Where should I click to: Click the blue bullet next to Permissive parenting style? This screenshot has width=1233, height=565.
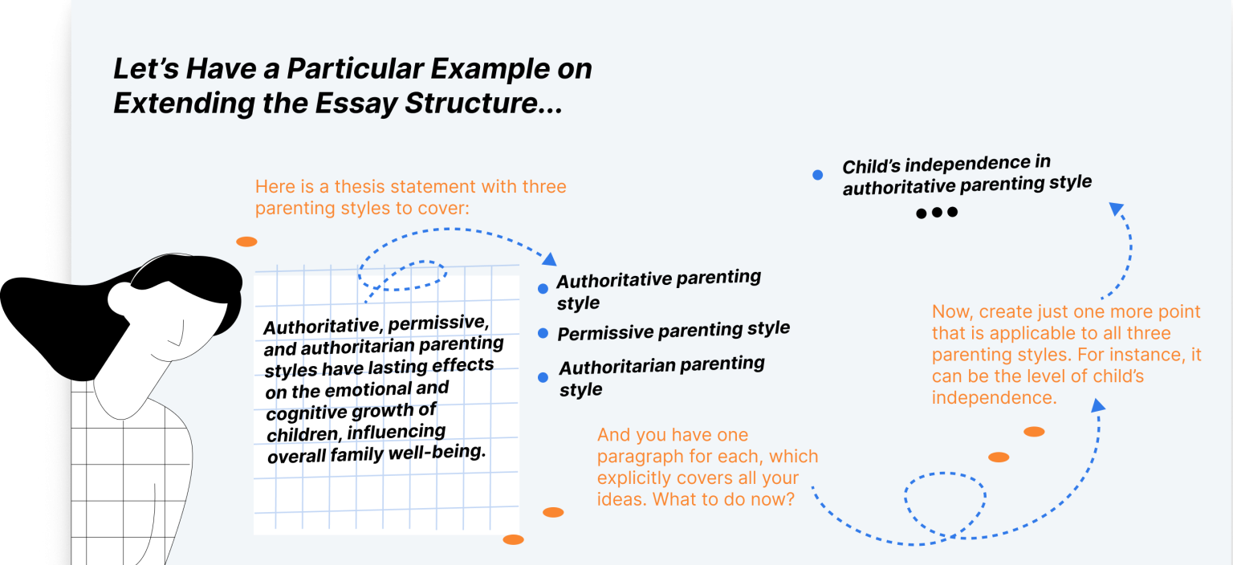pyautogui.click(x=543, y=332)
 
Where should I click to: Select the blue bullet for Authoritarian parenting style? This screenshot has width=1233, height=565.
pyautogui.click(x=543, y=377)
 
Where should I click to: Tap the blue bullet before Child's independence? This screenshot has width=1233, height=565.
pyautogui.click(x=817, y=174)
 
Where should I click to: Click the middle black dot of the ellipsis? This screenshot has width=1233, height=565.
pyautogui.click(x=937, y=213)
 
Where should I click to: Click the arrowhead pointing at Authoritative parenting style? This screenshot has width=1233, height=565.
pyautogui.click(x=550, y=259)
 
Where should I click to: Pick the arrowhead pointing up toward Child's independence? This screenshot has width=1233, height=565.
pyautogui.click(x=1116, y=209)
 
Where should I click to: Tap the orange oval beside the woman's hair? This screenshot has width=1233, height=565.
pyautogui.click(x=246, y=242)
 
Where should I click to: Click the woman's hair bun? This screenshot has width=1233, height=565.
pyautogui.click(x=120, y=300)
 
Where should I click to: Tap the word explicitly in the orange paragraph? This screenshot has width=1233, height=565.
pyautogui.click(x=637, y=478)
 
